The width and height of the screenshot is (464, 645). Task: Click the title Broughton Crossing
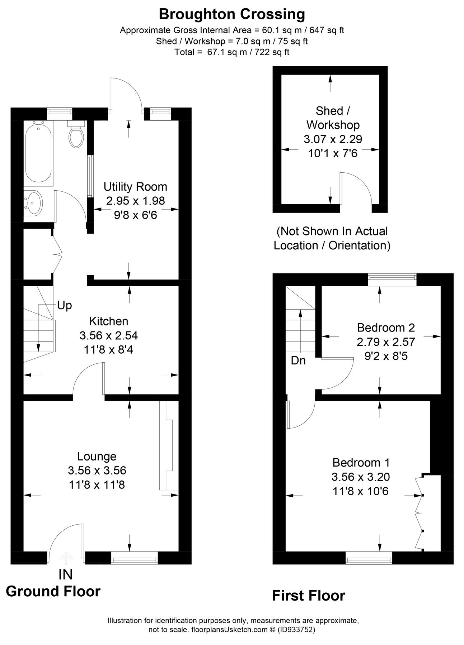pyautogui.click(x=232, y=14)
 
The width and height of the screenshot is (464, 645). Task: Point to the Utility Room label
pyautogui.click(x=135, y=187)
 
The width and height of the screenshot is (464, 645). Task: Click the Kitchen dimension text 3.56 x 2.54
pyautogui.click(x=108, y=335)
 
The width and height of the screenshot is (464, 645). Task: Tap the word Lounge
pyautogui.click(x=97, y=456)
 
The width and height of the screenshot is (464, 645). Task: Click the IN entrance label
pyautogui.click(x=65, y=574)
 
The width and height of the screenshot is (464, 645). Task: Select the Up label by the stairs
pyautogui.click(x=65, y=305)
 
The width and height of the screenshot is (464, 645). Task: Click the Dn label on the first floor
pyautogui.click(x=298, y=360)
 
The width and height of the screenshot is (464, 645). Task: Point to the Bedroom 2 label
pyautogui.click(x=386, y=328)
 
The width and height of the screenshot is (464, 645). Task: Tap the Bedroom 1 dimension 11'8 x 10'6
pyautogui.click(x=361, y=491)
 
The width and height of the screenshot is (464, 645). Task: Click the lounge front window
pyautogui.click(x=134, y=558)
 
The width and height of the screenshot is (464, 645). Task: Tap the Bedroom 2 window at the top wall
pyautogui.click(x=392, y=279)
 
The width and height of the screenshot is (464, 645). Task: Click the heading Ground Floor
pyautogui.click(x=53, y=591)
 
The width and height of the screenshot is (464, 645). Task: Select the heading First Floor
pyautogui.click(x=308, y=596)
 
